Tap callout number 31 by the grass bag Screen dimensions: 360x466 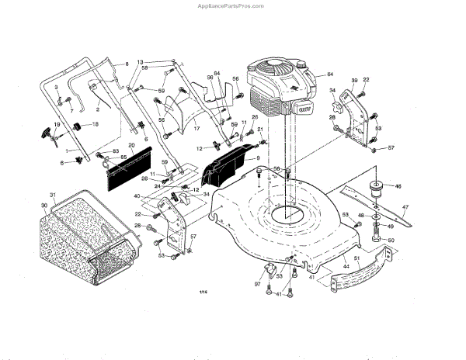(52, 194)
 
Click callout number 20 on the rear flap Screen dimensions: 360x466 (131, 146)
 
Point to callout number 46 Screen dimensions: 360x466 (398, 187)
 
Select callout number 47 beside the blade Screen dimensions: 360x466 (404, 206)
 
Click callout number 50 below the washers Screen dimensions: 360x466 (391, 241)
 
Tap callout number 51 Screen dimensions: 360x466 (356, 258)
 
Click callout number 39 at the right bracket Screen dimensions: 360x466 (354, 81)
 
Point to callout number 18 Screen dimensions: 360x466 (96, 124)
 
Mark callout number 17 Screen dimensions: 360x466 (196, 127)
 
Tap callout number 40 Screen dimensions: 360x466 (137, 196)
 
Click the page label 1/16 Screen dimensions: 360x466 (204, 292)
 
